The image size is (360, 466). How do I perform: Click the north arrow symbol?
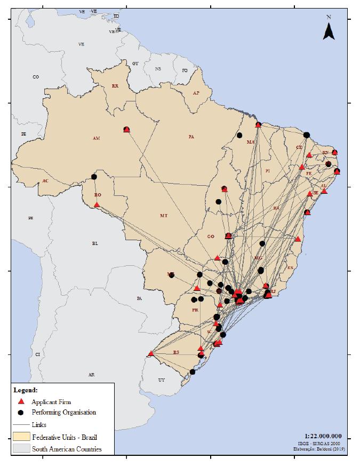pos(329,31)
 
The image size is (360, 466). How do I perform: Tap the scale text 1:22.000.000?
pos(324,436)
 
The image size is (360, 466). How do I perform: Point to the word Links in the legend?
pos(39,425)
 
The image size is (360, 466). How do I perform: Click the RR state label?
pos(115,86)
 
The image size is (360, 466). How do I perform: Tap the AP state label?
pos(196,93)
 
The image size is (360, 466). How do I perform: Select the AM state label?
pos(96,138)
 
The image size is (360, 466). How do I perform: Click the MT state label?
pos(164,216)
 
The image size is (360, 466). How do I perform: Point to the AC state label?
pos(45,181)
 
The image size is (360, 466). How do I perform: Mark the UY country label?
pos(162,380)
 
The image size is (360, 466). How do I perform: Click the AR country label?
pos(92,375)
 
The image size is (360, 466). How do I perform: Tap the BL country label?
pos(95,243)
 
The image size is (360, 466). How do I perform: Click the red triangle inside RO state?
pos(97,204)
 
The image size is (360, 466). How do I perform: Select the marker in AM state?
pos(126,129)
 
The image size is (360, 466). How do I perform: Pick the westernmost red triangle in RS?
pos(151,353)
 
